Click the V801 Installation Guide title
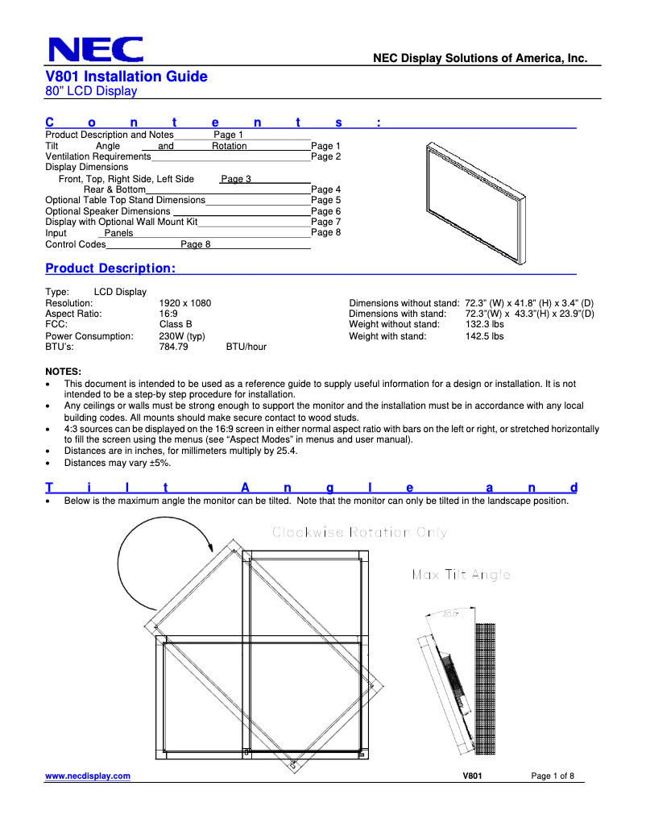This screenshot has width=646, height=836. (126, 77)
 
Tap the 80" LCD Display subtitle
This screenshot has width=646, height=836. (91, 91)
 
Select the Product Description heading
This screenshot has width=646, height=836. (110, 268)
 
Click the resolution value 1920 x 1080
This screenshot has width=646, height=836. (185, 303)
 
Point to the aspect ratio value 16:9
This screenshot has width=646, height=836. (168, 314)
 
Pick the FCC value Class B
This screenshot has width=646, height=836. (176, 325)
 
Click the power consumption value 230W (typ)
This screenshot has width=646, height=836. (182, 336)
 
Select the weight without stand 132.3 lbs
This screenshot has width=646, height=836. (484, 325)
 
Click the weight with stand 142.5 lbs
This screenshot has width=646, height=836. (484, 336)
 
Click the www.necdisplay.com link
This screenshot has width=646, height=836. (88, 776)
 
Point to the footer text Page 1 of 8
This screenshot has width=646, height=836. (553, 776)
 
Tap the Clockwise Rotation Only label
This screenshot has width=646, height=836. (359, 532)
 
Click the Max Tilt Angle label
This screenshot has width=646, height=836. (461, 575)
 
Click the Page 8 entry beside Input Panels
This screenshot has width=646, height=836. (325, 232)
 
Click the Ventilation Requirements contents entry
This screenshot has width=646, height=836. (98, 156)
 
